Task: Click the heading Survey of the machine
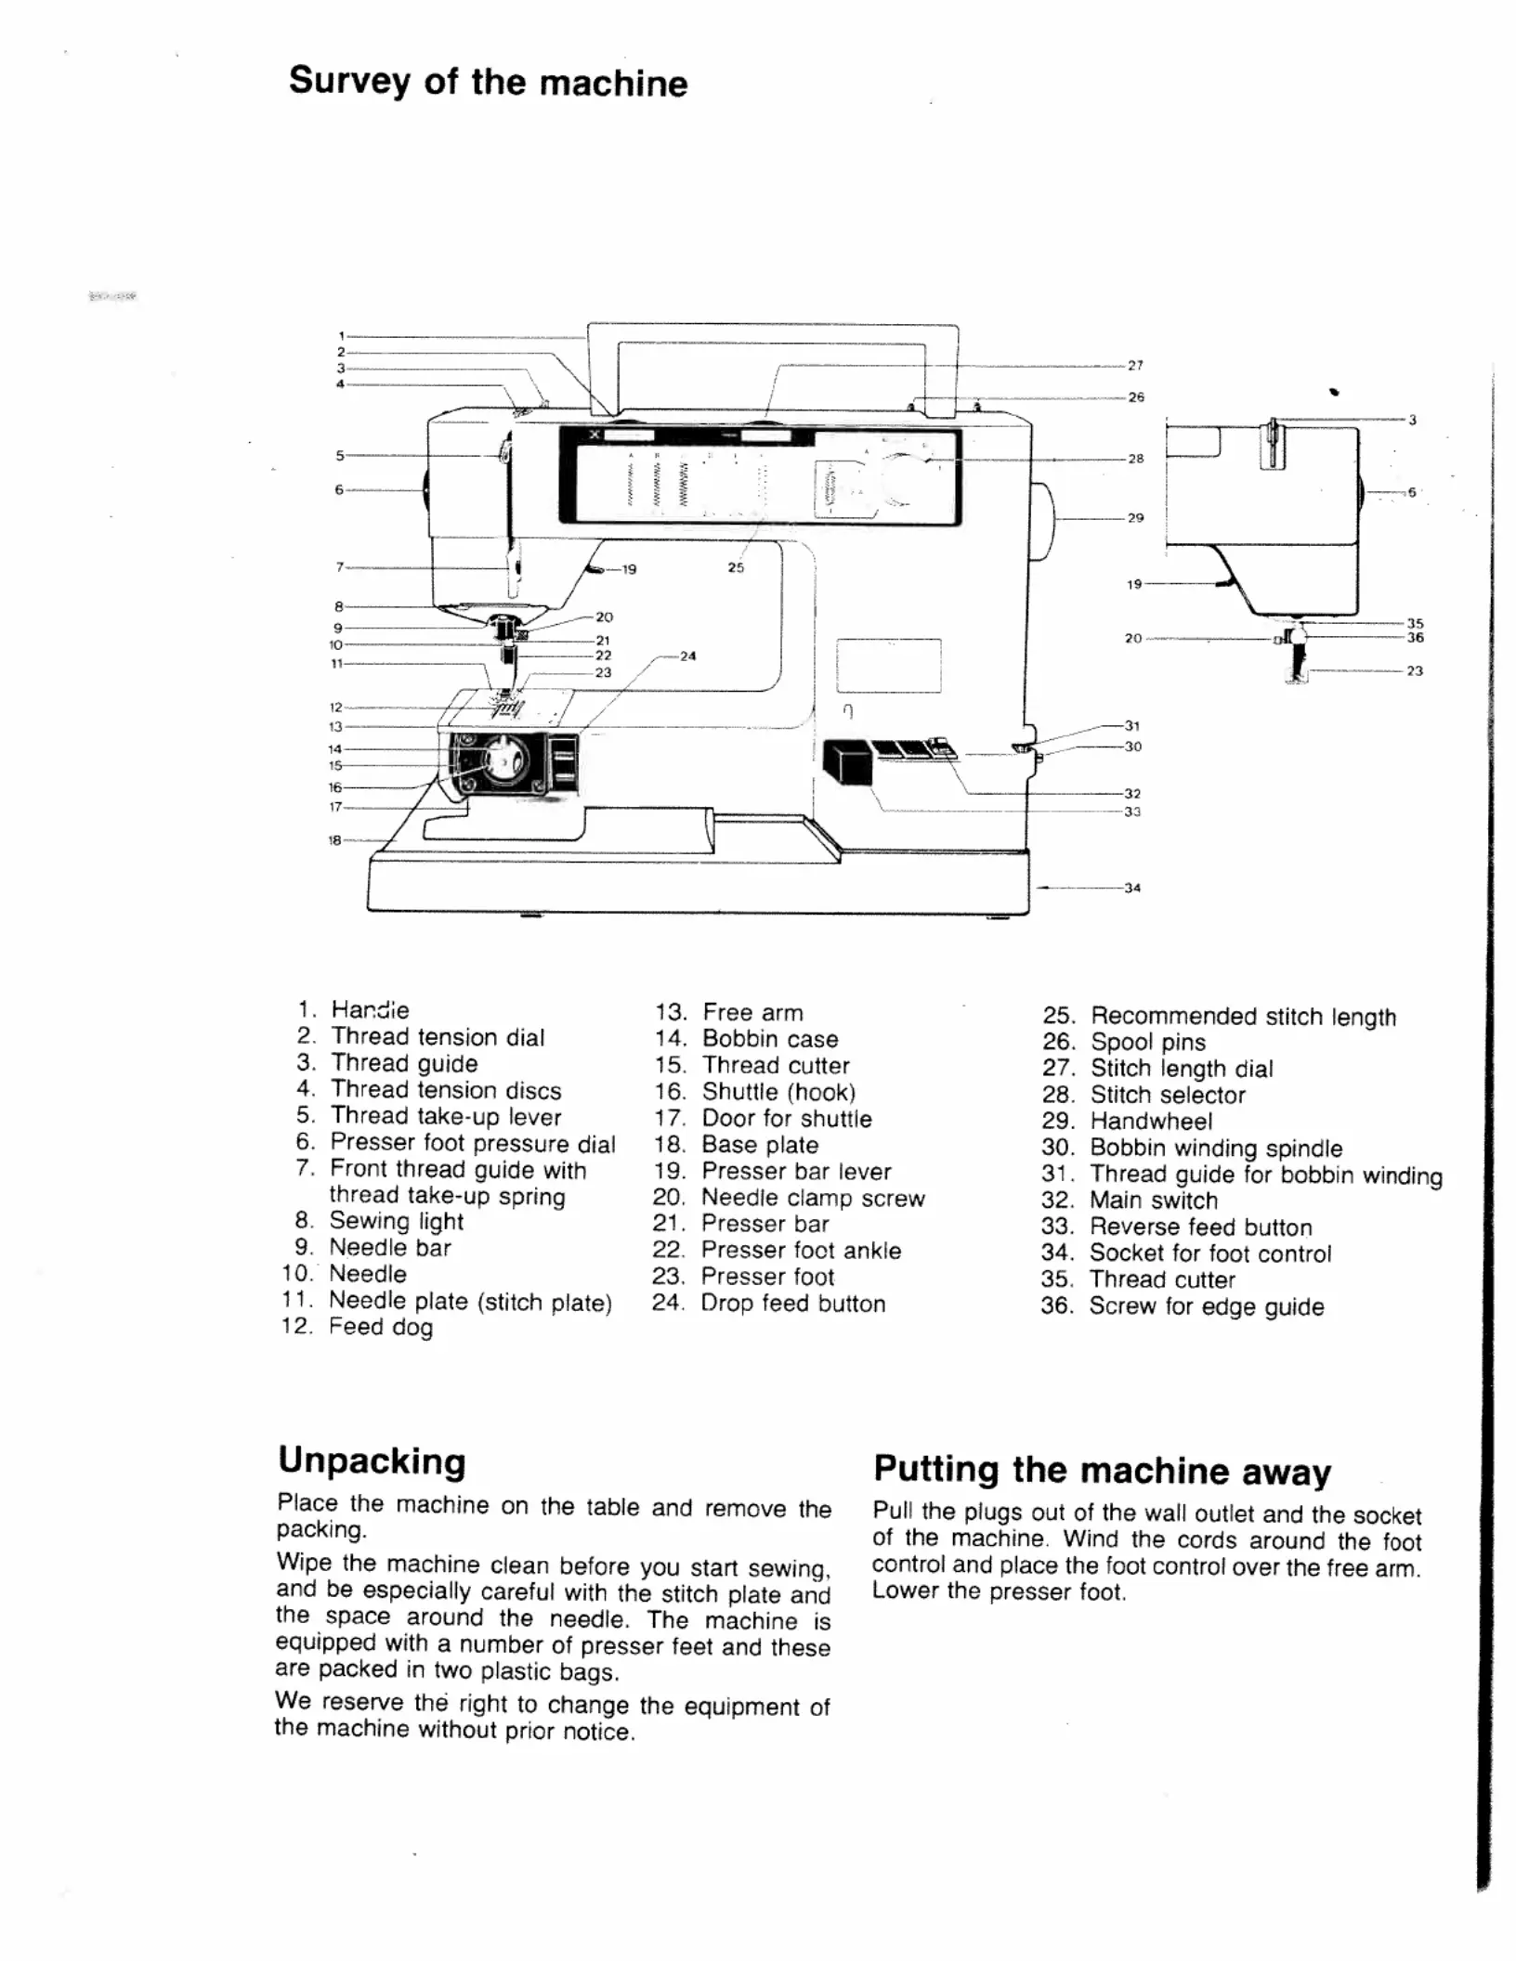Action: pyautogui.click(x=488, y=82)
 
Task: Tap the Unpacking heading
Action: pyautogui.click(x=372, y=1461)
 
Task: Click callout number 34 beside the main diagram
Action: pyautogui.click(x=1132, y=888)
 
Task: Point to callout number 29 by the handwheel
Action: pyautogui.click(x=1135, y=518)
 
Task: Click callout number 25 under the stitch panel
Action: pyautogui.click(x=736, y=567)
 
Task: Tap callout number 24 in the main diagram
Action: pyautogui.click(x=687, y=656)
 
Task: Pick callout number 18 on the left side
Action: pyautogui.click(x=334, y=840)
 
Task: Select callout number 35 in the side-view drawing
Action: pyautogui.click(x=1415, y=623)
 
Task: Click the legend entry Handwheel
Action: pyautogui.click(x=1150, y=1122)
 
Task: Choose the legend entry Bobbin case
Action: pyautogui.click(x=769, y=1039)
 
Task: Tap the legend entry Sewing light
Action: pyautogui.click(x=396, y=1221)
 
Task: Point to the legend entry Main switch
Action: pyautogui.click(x=1153, y=1201)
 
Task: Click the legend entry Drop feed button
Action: pyautogui.click(x=792, y=1304)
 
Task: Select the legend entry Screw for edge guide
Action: pyautogui.click(x=1206, y=1306)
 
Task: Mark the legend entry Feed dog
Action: pyautogui.click(x=380, y=1327)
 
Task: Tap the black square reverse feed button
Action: pyautogui.click(x=846, y=763)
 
